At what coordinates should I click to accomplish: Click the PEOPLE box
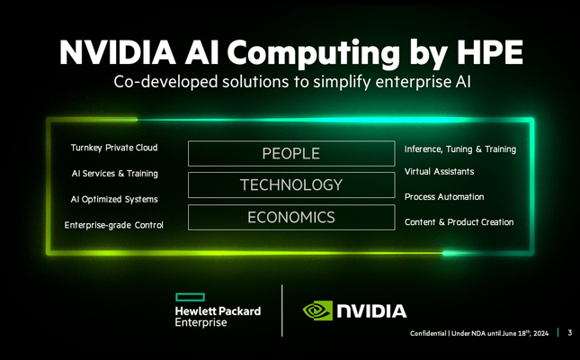click(291, 153)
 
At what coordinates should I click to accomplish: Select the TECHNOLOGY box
click(291, 184)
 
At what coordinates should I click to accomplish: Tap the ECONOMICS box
click(291, 218)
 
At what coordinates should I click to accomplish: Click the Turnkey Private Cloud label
click(114, 148)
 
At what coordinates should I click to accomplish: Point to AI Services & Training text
click(115, 174)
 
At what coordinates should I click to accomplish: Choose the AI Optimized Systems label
click(114, 199)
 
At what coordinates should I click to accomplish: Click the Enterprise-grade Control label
click(113, 225)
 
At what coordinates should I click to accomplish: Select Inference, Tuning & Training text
click(460, 149)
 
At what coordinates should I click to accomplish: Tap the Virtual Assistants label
click(439, 172)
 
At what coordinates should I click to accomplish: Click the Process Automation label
click(444, 197)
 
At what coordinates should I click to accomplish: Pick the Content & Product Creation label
click(459, 222)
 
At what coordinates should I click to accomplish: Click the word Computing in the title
click(313, 53)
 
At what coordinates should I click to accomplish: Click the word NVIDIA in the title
click(117, 52)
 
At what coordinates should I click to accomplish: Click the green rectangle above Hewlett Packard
click(190, 297)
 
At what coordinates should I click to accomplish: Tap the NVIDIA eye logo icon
click(317, 310)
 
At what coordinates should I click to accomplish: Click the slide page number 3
click(569, 333)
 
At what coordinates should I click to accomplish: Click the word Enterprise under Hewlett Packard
click(201, 322)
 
